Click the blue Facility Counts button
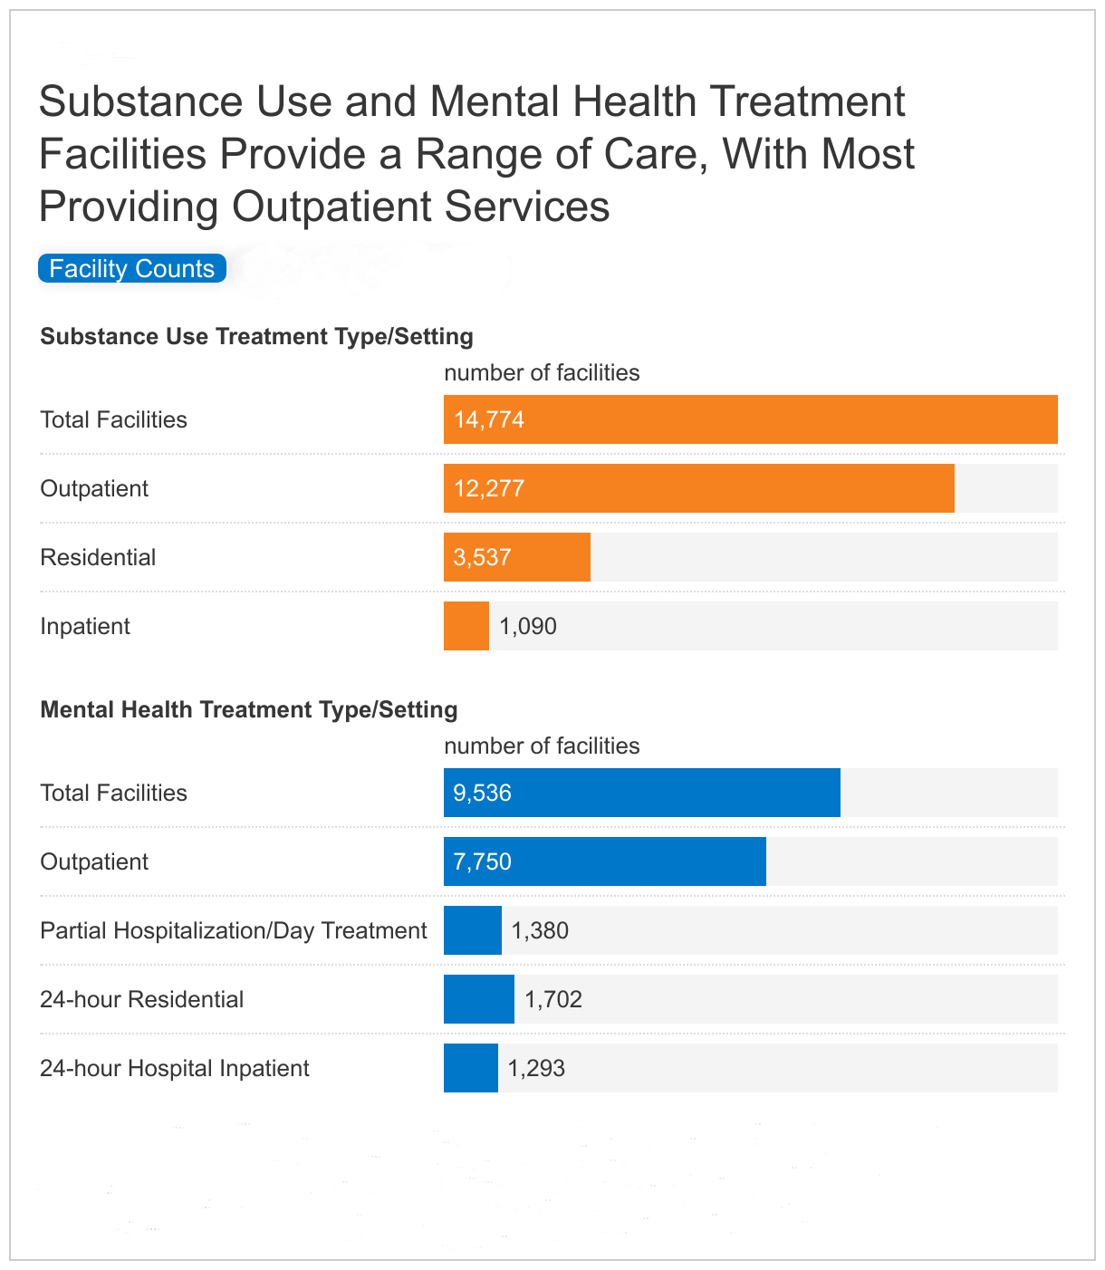[x=132, y=269]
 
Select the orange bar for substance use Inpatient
[x=466, y=626]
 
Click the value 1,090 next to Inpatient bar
[x=528, y=626]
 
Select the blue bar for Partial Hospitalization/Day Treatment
[x=472, y=930]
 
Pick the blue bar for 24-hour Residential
[x=478, y=999]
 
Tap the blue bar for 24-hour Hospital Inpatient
[x=470, y=1068]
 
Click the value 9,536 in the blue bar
[x=483, y=793]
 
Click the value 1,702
[x=553, y=999]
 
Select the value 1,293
[x=536, y=1068]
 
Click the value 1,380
[x=540, y=930]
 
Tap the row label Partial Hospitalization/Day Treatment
[x=234, y=930]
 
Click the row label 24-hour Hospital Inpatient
[x=175, y=1068]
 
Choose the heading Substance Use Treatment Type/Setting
[x=256, y=336]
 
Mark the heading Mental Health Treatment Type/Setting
[x=249, y=709]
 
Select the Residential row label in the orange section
[x=98, y=557]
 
